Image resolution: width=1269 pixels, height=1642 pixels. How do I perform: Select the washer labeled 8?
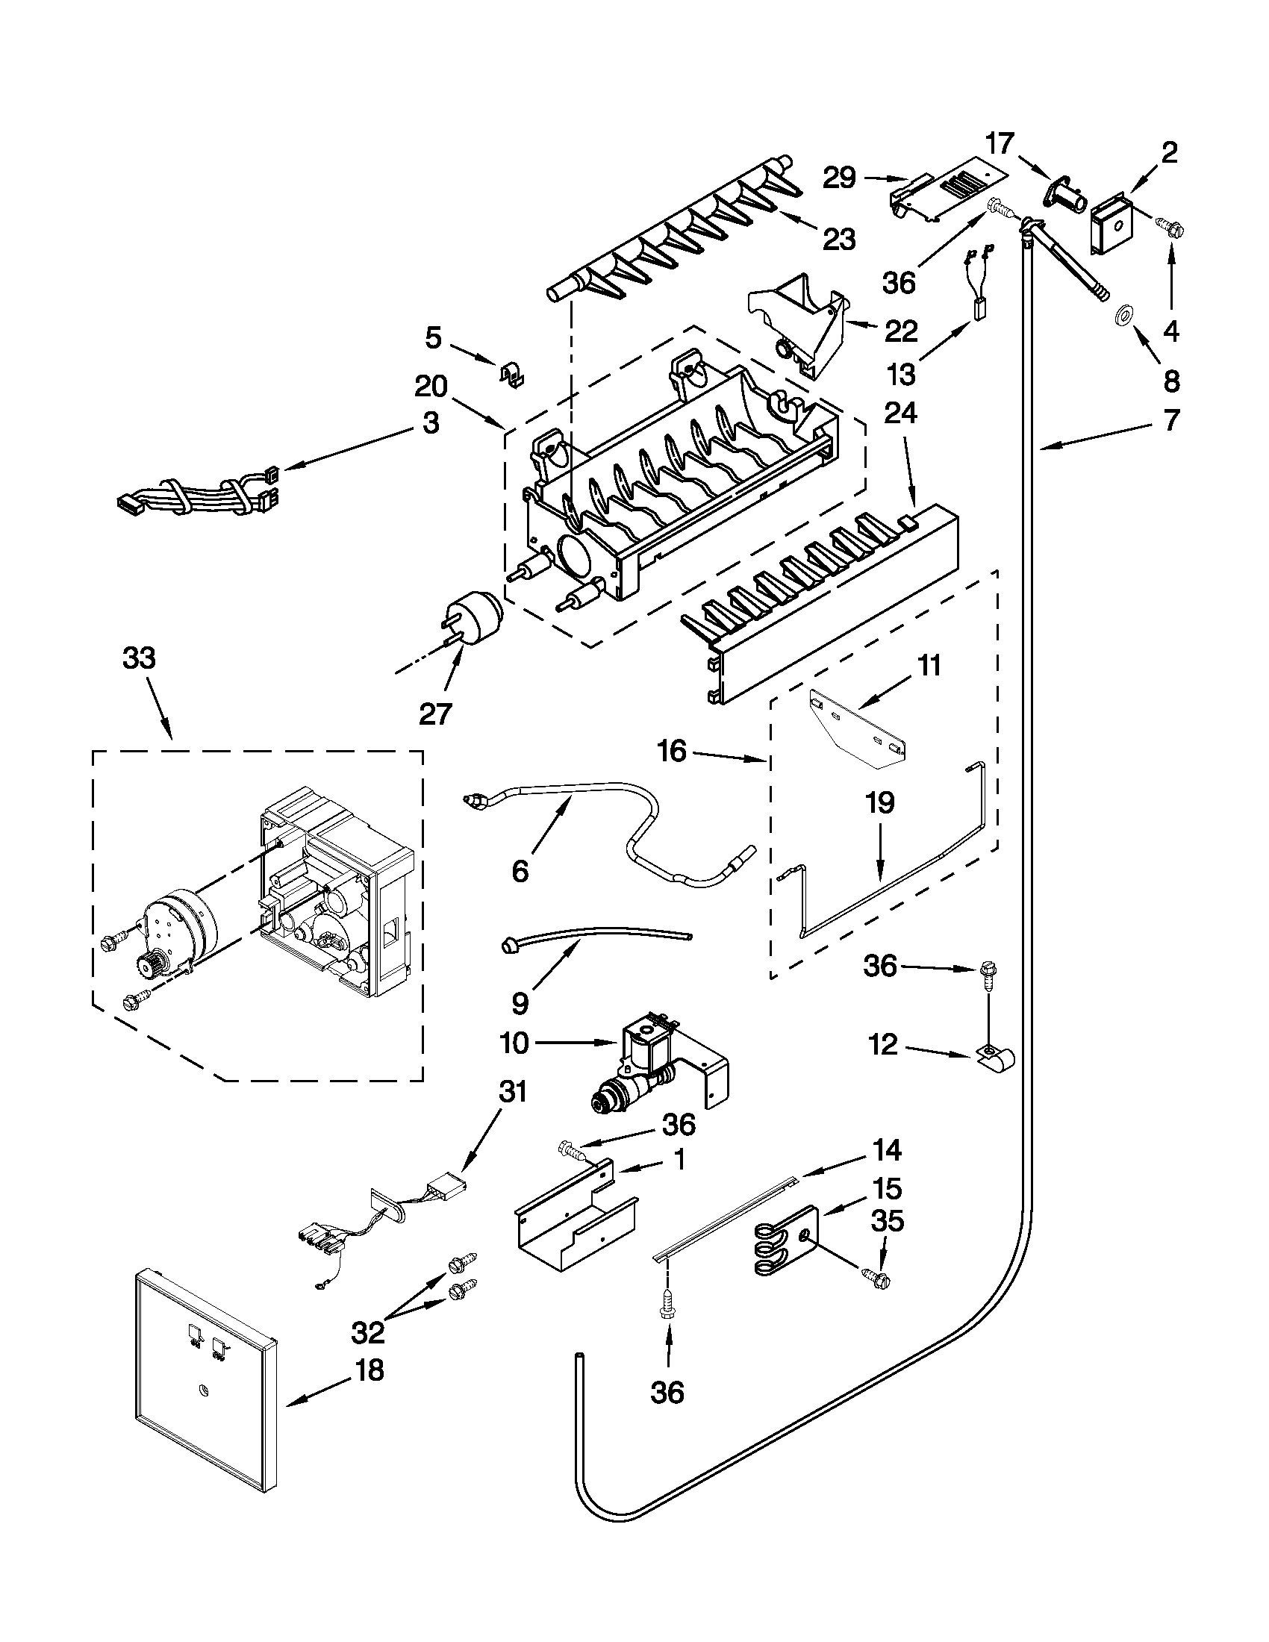click(x=1125, y=316)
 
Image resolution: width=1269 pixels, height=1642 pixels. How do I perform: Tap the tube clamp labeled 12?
click(x=997, y=1061)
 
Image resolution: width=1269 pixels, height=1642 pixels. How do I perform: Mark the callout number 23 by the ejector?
click(x=839, y=240)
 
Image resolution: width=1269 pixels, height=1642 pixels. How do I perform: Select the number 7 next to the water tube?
click(x=1171, y=421)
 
